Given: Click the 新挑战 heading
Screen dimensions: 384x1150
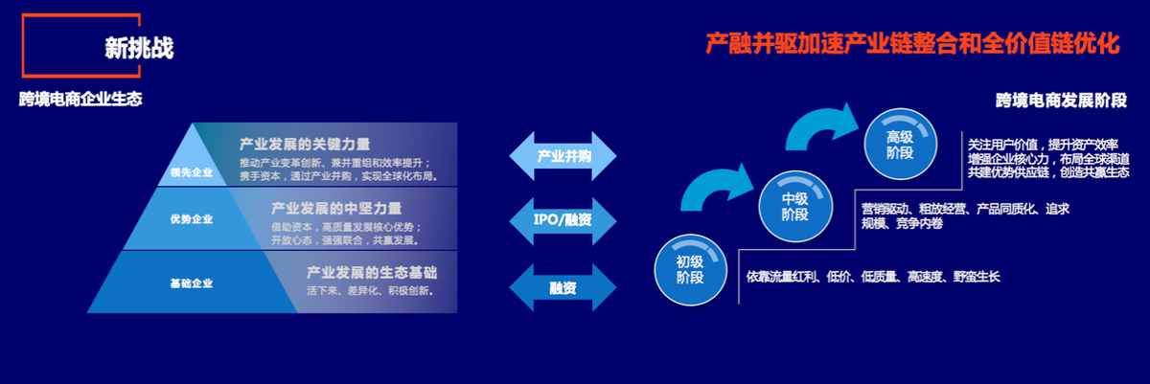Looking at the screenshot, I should [x=139, y=49].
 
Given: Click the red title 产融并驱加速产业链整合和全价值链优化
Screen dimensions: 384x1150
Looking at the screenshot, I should [x=912, y=43].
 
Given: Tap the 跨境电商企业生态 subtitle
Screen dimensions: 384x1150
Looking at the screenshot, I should [x=80, y=99].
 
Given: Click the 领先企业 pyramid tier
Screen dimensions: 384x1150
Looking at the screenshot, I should [x=192, y=172].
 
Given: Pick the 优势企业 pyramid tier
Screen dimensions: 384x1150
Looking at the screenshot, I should [x=192, y=219].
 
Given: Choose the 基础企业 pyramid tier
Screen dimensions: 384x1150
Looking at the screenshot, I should [x=192, y=283].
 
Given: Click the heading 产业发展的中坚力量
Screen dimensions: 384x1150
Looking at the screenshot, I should [x=336, y=207].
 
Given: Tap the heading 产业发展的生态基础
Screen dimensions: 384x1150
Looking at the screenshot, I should [x=372, y=271].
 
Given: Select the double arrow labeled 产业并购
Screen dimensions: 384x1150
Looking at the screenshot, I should [x=563, y=156].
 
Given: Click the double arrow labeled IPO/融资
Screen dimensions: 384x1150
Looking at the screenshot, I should [x=563, y=220].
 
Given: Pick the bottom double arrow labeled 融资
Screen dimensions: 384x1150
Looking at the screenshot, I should [x=563, y=286].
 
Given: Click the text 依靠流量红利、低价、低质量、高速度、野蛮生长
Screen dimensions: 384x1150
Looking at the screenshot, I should [x=873, y=277].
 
